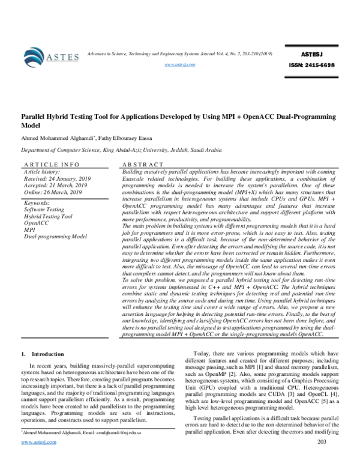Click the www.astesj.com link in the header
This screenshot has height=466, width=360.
pos(179,65)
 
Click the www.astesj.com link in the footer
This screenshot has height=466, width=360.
pos(38,459)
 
